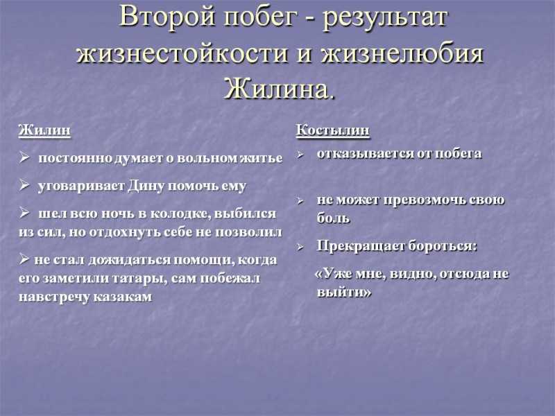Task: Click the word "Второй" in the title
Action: tap(167, 17)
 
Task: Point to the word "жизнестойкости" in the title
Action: tap(182, 54)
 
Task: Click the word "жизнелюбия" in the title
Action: tap(402, 54)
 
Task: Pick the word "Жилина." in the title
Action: tap(279, 89)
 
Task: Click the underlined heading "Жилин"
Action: tap(44, 130)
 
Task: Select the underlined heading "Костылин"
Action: tap(333, 130)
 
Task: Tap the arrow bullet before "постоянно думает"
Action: tap(24, 157)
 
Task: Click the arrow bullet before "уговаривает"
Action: tap(24, 184)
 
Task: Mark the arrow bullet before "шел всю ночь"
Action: tap(24, 213)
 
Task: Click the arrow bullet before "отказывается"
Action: tap(300, 155)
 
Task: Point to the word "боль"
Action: tap(333, 218)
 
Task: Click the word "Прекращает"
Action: tap(360, 247)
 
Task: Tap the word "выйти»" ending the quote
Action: tap(344, 293)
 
